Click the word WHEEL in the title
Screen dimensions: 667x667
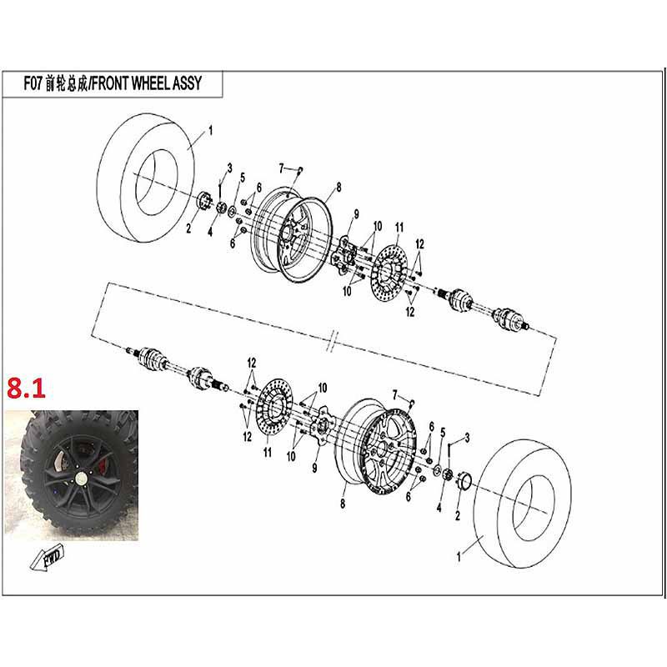[150, 83]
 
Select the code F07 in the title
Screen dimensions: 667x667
[33, 83]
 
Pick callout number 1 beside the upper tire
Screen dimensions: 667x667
[210, 130]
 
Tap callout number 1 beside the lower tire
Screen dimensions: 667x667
[459, 556]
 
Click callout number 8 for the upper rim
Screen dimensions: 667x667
[339, 187]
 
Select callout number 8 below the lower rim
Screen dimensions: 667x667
[343, 504]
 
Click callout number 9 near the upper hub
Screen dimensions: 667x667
[357, 214]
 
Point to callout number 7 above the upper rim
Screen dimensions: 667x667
[281, 168]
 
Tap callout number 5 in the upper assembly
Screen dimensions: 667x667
[243, 178]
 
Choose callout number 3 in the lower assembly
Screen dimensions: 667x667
[467, 437]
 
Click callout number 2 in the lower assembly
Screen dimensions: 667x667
[457, 515]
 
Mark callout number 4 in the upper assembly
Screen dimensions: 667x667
[210, 233]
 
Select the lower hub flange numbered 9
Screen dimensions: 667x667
[321, 427]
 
